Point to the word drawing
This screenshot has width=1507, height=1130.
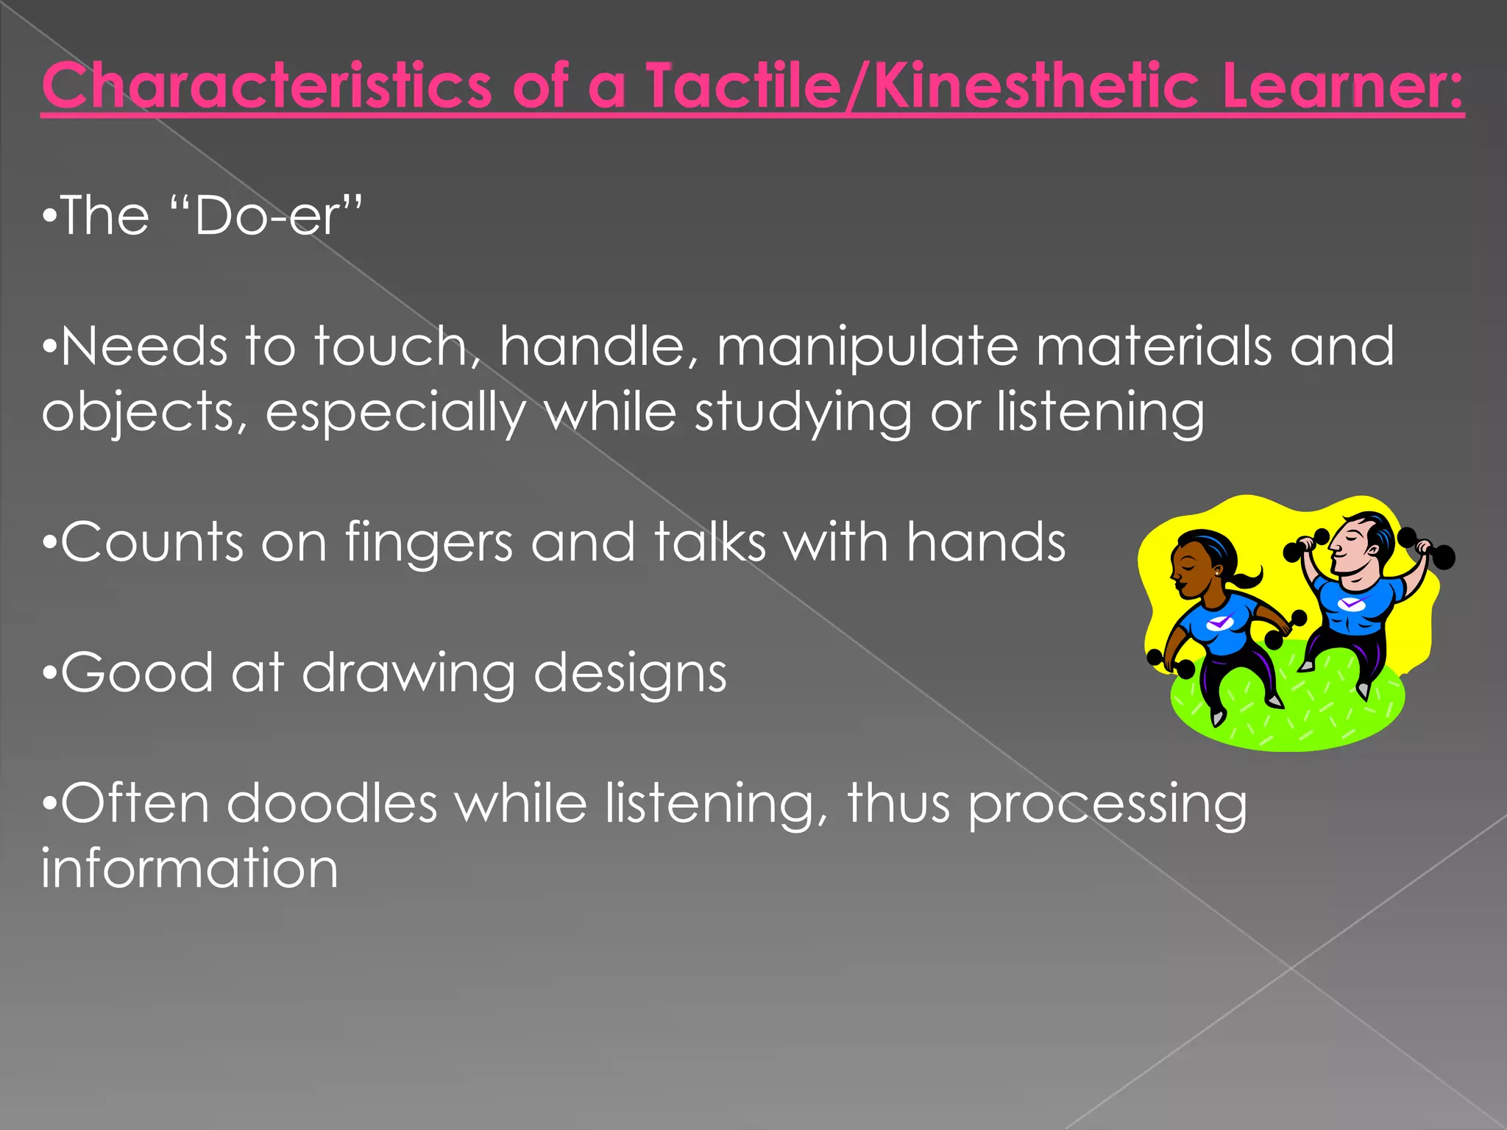[408, 674]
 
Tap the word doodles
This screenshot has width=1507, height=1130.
[332, 803]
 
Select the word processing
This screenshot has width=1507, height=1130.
[1107, 805]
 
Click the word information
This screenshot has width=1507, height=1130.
[190, 868]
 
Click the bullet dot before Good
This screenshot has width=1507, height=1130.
[49, 673]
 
